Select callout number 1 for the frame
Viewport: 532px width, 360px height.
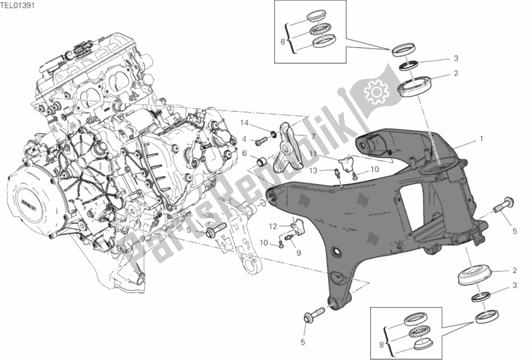click(x=479, y=141)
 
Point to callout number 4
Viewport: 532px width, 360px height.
click(x=245, y=139)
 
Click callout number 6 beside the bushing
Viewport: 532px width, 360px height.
click(x=245, y=153)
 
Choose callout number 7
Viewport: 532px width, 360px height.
click(x=310, y=136)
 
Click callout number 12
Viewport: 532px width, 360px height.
click(x=273, y=226)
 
